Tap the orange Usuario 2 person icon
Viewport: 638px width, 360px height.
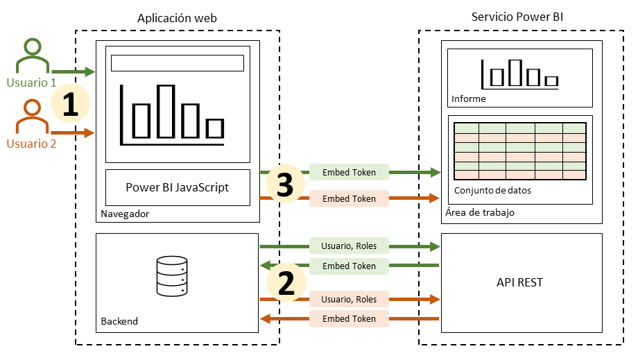tap(32, 117)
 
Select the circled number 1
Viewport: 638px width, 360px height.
tap(71, 105)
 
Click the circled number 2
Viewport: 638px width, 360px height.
tap(286, 283)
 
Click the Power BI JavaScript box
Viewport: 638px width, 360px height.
tap(177, 187)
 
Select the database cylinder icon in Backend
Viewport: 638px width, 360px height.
tap(172, 275)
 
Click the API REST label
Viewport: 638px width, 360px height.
tap(520, 282)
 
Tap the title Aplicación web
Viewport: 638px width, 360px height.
tap(177, 18)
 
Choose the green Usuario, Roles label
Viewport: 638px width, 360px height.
tap(349, 245)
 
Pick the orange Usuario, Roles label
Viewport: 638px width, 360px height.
tap(349, 299)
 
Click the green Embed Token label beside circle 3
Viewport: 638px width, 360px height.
tap(349, 172)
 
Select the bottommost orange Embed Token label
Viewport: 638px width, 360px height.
tap(349, 319)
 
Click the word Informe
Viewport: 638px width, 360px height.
tap(468, 99)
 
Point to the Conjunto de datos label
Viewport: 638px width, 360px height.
tap(492, 191)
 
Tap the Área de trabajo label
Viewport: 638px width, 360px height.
tap(478, 213)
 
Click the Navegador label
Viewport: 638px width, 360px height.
tap(125, 214)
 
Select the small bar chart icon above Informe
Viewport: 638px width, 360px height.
tap(520, 74)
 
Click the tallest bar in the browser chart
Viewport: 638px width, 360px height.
tap(166, 111)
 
